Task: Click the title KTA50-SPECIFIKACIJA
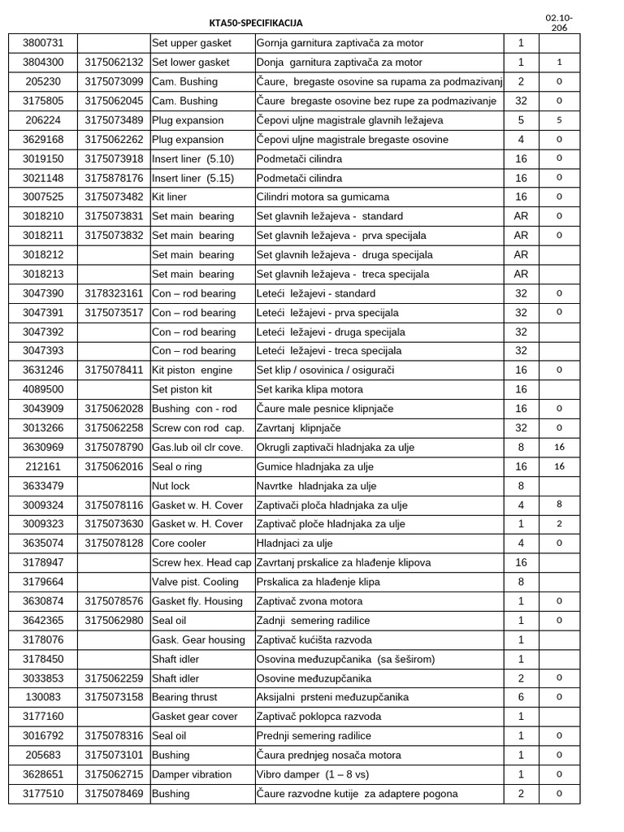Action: click(x=256, y=24)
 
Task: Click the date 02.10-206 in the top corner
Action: click(x=560, y=22)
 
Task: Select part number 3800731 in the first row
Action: click(x=43, y=42)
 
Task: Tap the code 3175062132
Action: click(x=114, y=62)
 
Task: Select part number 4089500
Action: click(x=43, y=389)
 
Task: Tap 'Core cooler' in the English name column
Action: click(x=180, y=544)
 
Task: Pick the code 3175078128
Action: click(x=114, y=544)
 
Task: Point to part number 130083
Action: click(x=43, y=697)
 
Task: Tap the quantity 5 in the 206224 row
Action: click(x=521, y=119)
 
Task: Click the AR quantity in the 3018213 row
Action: click(x=521, y=274)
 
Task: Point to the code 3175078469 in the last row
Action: click(x=114, y=794)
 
